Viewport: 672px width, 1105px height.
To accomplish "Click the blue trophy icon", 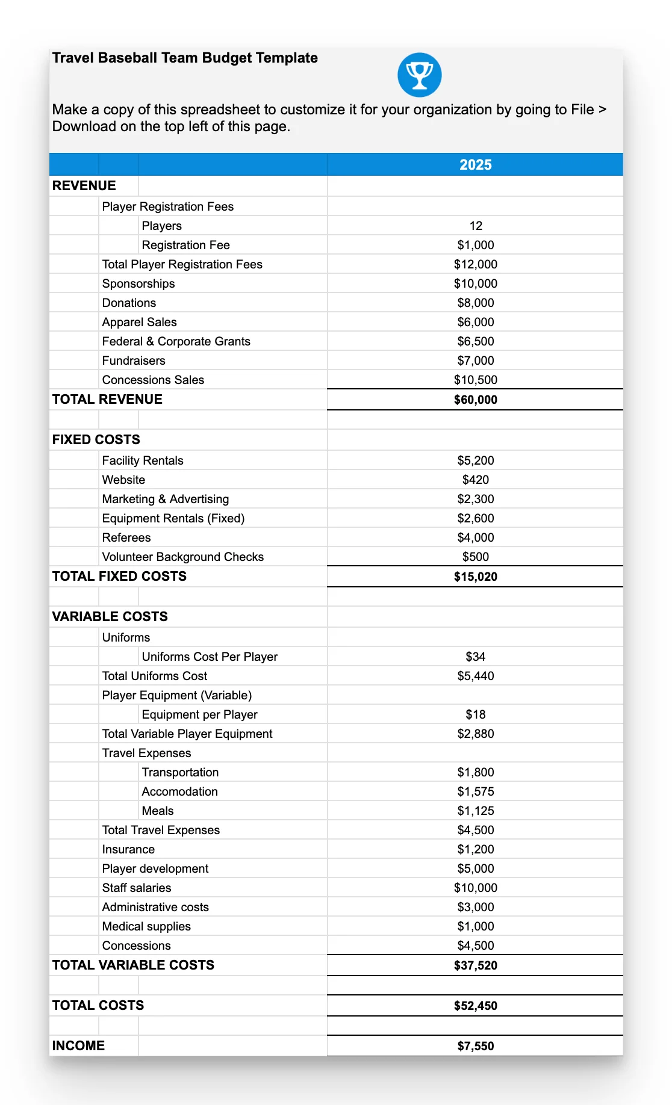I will tap(419, 75).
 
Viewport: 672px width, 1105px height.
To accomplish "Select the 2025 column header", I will tap(475, 165).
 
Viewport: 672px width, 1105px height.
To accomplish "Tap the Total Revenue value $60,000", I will tap(475, 400).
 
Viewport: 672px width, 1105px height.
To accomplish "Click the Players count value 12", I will tap(476, 226).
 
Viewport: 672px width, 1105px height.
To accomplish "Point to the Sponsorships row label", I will tap(138, 283).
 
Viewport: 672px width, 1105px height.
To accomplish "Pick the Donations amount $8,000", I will tap(475, 303).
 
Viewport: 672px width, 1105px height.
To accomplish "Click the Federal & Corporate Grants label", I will tap(176, 341).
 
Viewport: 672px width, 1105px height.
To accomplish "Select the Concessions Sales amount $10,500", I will tap(475, 380).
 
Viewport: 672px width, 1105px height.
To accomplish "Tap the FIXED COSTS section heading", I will tap(96, 439).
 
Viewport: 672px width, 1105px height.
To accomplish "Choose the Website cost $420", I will tap(475, 480).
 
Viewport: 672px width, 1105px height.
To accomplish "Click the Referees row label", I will tap(126, 537).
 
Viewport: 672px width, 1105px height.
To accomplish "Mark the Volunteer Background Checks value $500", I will tap(475, 557).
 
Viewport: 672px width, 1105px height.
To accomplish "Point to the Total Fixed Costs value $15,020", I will tap(475, 577).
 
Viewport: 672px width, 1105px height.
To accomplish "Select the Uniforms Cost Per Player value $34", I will tap(475, 657).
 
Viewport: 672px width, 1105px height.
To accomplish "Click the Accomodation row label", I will tap(179, 791).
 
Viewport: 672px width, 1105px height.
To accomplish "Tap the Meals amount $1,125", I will tap(475, 811).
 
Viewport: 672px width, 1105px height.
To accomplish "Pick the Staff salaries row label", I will tap(137, 888).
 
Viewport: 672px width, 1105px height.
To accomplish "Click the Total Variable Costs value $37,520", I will tap(475, 965).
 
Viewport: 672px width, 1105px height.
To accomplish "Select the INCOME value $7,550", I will tap(475, 1046).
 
